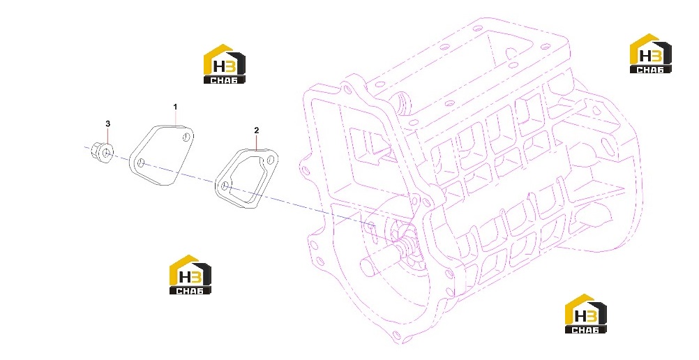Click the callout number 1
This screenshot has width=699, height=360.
175,107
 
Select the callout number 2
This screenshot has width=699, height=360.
256,130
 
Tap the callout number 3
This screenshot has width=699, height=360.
107,123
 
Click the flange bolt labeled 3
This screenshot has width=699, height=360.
102,152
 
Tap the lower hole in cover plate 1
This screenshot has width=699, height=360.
140,163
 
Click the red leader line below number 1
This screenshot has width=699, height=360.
176,118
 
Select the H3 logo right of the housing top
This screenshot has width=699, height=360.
650,54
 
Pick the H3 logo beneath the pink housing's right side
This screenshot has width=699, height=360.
586,314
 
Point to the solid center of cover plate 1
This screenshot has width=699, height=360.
161,154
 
